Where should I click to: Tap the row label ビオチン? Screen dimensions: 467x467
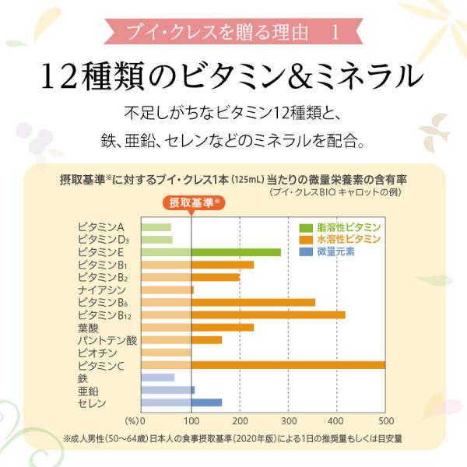pyautogui.click(x=96, y=353)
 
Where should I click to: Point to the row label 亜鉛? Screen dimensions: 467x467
pyautogui.click(x=86, y=391)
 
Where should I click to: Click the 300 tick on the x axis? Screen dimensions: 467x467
pyautogui.click(x=289, y=420)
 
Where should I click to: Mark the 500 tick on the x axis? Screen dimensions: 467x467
pyautogui.click(x=384, y=420)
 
